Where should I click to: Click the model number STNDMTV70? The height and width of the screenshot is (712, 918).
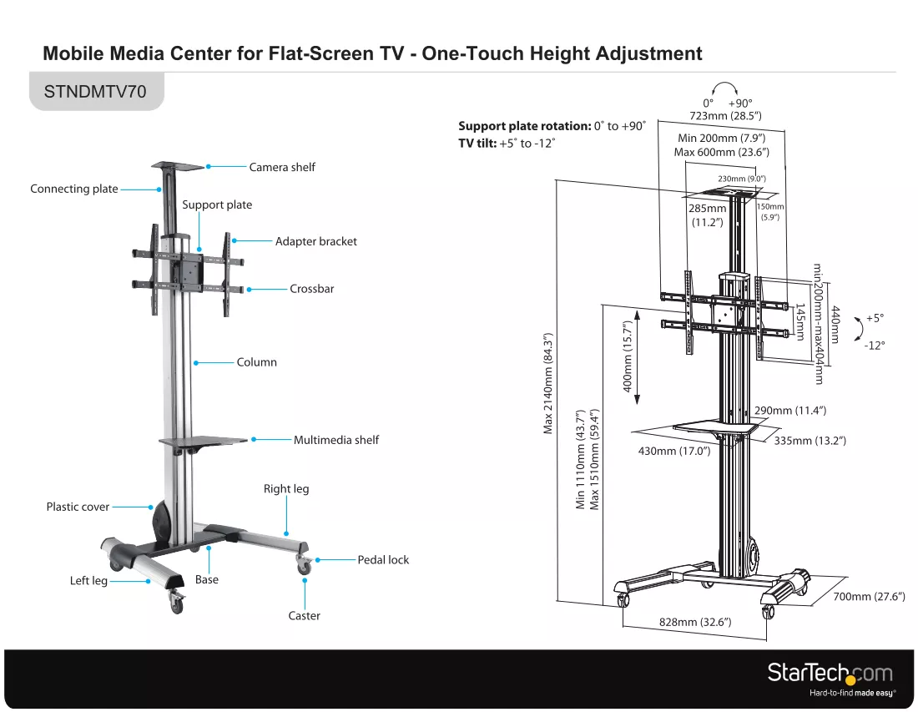[95, 92]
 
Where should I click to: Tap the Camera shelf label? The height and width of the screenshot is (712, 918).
[282, 168]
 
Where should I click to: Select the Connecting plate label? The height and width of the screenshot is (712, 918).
[74, 189]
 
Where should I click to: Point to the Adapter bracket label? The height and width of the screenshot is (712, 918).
[316, 241]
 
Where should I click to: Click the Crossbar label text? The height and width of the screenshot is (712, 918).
[312, 289]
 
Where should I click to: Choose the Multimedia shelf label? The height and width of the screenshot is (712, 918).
[336, 440]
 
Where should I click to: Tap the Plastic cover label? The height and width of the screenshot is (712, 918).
[78, 507]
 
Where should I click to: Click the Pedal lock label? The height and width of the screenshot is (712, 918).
[384, 560]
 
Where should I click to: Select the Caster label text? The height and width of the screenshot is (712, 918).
[305, 615]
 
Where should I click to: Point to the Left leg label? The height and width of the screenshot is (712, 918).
[88, 581]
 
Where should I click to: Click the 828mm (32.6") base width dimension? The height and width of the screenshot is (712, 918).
[695, 622]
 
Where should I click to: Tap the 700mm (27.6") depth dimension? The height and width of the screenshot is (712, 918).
[870, 597]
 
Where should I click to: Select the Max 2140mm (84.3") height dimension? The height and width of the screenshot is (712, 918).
[548, 383]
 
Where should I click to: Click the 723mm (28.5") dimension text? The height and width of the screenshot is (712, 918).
[725, 116]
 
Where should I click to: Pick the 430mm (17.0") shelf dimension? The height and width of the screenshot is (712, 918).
[674, 451]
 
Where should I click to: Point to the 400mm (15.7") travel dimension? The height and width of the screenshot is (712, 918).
[628, 356]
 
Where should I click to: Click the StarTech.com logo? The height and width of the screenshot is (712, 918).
[830, 678]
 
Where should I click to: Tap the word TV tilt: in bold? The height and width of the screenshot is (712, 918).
[477, 144]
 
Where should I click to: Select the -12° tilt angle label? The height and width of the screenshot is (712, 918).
[874, 346]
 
